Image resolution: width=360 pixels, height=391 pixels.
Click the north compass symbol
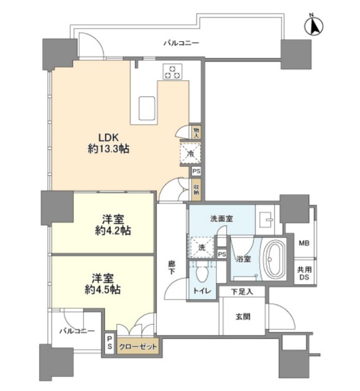tap(313, 25)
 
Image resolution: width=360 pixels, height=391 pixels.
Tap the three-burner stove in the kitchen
tap(172, 71)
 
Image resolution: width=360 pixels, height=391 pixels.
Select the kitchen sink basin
tap(147, 108)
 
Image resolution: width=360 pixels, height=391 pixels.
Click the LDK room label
tap(108, 143)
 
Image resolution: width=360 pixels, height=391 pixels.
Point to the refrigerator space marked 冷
tap(191, 154)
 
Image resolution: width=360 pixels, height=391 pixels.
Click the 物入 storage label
tap(196, 132)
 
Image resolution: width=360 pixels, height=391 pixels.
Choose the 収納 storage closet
tap(196, 190)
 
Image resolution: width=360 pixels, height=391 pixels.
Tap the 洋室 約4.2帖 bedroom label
tap(113, 225)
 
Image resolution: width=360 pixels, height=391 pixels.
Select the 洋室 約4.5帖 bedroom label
tap(103, 284)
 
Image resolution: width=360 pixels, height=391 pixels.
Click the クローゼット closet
tap(138, 347)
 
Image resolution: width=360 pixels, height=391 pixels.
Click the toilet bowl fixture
tap(202, 274)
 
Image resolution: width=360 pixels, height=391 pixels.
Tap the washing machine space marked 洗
tap(201, 247)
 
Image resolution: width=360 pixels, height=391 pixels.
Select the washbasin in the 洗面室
tap(265, 219)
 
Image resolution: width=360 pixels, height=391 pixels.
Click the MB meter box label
tap(304, 243)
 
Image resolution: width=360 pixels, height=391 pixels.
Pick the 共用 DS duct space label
tap(305, 273)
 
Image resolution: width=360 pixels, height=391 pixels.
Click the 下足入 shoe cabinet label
tap(242, 292)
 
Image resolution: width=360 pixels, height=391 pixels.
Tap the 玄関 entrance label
tap(243, 316)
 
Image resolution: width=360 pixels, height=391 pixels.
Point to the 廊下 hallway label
tap(172, 267)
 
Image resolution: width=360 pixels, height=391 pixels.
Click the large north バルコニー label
tap(181, 43)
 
